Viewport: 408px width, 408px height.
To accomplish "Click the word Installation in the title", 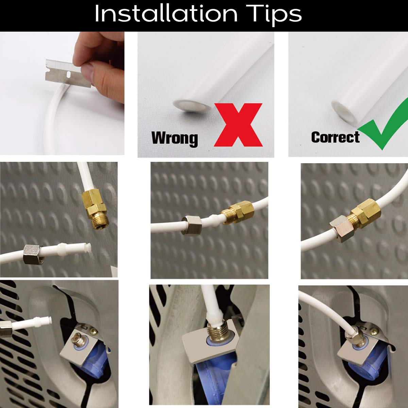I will [166, 14].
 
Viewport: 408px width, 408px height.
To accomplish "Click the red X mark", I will [238, 125].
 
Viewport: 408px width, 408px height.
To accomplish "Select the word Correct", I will [335, 137].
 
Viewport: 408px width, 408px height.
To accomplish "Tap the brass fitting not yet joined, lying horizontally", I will [238, 213].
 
